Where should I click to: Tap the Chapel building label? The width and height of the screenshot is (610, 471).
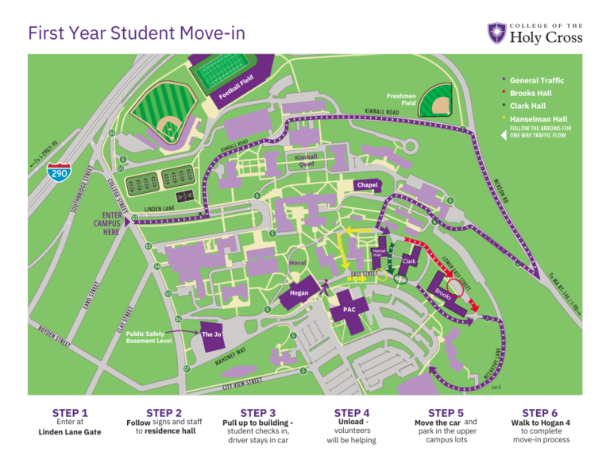pos(367,185)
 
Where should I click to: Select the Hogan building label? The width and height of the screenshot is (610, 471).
pos(299,293)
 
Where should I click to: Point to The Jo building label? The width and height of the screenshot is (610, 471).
pos(211,334)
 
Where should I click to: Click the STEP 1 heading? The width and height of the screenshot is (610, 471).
pos(70,413)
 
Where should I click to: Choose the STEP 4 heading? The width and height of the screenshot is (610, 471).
pos(352,413)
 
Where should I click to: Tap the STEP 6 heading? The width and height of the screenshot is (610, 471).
pos(539,413)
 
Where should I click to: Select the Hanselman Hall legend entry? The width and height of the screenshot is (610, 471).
pos(538,118)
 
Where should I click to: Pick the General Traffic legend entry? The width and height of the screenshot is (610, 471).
pos(536,80)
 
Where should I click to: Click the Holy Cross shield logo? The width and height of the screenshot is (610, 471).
pos(496,33)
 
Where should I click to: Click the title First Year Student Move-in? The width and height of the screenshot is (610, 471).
pos(137,33)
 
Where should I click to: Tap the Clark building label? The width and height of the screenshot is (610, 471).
pos(409,261)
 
